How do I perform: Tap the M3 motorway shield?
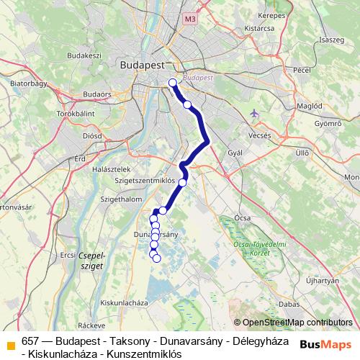click(189, 19)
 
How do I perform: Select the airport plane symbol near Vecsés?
click(253, 113)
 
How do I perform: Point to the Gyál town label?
click(235, 153)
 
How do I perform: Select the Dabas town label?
click(289, 304)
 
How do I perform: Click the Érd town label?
click(79, 158)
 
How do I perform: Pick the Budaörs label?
click(97, 94)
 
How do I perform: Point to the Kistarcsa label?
click(259, 29)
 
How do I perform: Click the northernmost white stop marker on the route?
click(173, 83)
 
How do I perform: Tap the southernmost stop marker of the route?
click(157, 258)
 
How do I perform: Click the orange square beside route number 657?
click(10, 345)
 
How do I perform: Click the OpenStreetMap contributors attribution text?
click(297, 323)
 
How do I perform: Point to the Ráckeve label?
click(91, 325)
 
